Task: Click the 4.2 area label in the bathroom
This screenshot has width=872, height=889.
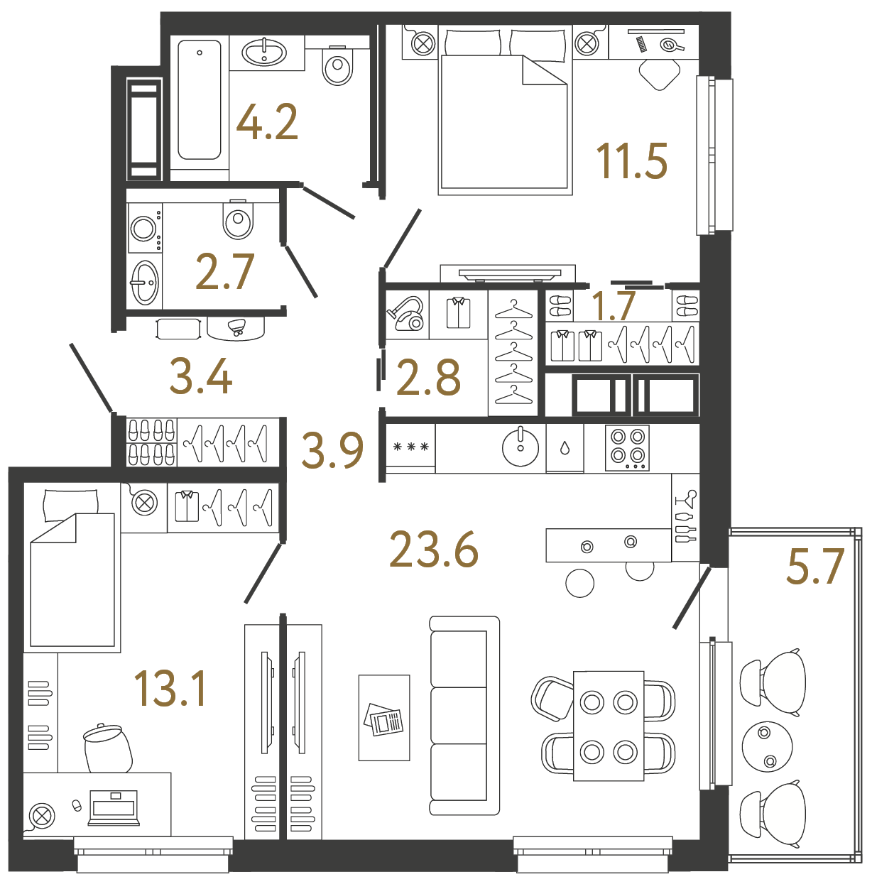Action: [x=267, y=122]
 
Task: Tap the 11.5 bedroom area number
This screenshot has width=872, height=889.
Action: [x=631, y=161]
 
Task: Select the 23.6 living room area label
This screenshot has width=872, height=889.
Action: [x=434, y=550]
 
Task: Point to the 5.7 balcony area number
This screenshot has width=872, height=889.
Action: [x=814, y=567]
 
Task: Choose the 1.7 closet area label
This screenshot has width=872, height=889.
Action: [x=613, y=306]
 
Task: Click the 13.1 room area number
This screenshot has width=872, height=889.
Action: [x=170, y=689]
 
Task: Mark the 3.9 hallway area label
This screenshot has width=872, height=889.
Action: [x=332, y=451]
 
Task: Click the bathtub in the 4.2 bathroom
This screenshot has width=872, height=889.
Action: [x=200, y=99]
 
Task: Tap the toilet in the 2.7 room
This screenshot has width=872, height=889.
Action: [x=238, y=220]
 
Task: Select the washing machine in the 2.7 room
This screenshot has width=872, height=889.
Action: [x=145, y=229]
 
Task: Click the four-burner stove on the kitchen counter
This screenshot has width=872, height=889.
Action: [x=627, y=447]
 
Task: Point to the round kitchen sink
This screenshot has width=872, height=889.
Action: [x=521, y=447]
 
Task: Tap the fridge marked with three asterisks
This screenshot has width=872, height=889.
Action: [x=410, y=447]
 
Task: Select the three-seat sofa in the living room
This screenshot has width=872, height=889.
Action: [x=464, y=715]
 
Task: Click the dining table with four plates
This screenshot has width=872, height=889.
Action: [x=609, y=726]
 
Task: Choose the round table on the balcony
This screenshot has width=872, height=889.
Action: [x=767, y=746]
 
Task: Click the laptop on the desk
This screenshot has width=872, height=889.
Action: [x=114, y=808]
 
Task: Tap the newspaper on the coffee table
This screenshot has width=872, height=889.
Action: [x=384, y=720]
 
